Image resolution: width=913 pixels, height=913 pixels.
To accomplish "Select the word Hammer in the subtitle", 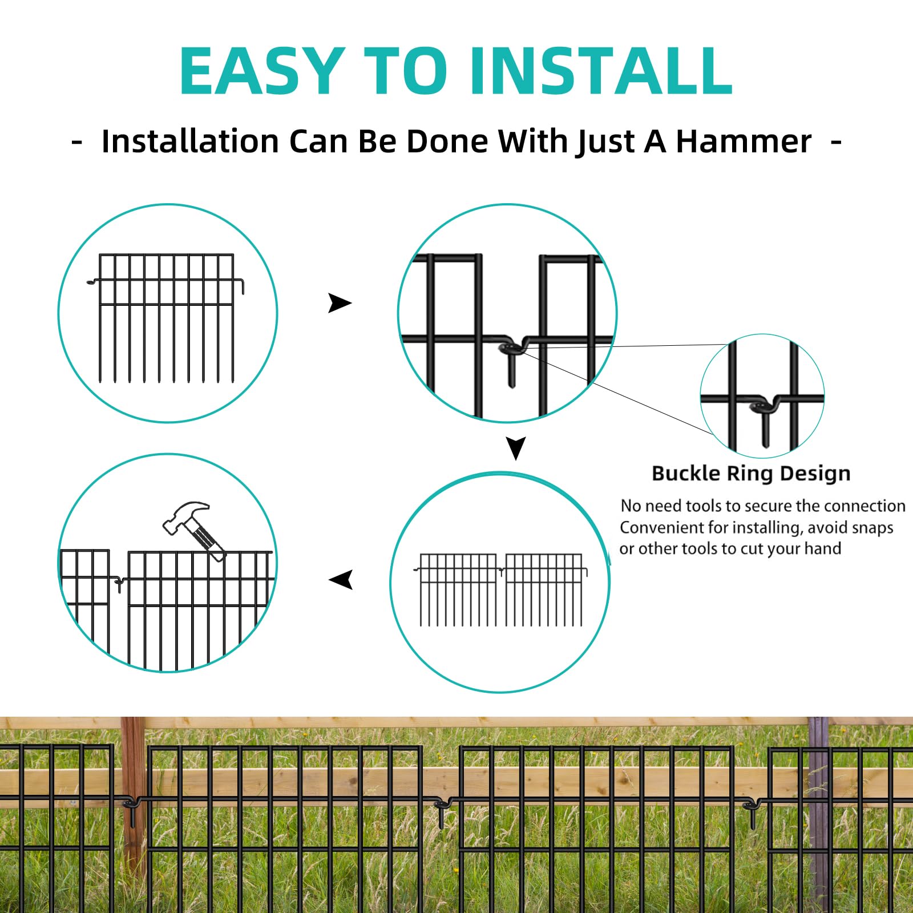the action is (x=743, y=141).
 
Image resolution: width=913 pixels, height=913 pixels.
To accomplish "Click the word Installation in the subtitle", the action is (x=190, y=141).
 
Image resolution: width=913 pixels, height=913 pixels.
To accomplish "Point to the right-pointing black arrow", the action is (x=340, y=303).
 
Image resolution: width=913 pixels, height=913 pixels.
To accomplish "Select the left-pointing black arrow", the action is (x=341, y=580).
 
